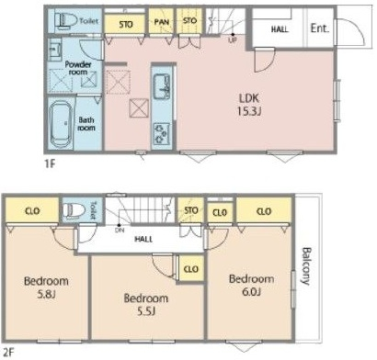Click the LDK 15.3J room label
pyautogui.click(x=249, y=105)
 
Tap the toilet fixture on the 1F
pyautogui.click(x=66, y=20)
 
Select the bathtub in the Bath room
pyautogui.click(x=61, y=124)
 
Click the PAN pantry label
pyautogui.click(x=162, y=22)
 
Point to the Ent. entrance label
pyautogui.click(x=319, y=28)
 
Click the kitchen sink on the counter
pyautogui.click(x=162, y=86)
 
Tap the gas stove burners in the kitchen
pyautogui.click(x=162, y=133)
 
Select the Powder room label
pyautogui.click(x=78, y=68)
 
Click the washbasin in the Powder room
pyautogui.click(x=55, y=49)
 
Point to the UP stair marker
pyautogui.click(x=233, y=39)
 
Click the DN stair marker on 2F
pyautogui.click(x=120, y=230)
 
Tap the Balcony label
pyautogui.click(x=306, y=265)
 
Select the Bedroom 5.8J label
pyautogui.click(x=46, y=287)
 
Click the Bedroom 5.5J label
pyautogui.click(x=146, y=304)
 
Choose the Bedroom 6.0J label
pyautogui.click(x=252, y=285)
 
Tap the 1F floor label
pyautogui.click(x=50, y=164)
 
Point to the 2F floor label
pyautogui.click(x=7, y=353)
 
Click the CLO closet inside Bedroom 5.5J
pyautogui.click(x=191, y=269)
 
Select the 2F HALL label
pyautogui.click(x=143, y=239)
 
